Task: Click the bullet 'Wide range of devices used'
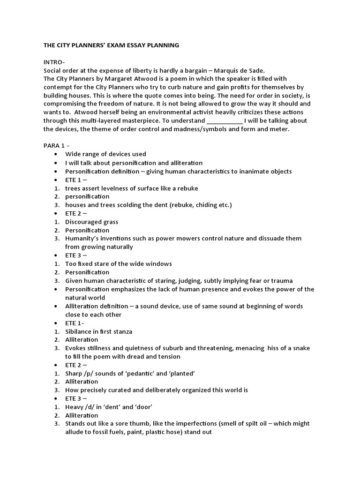[x=105, y=154]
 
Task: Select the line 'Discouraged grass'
[x=91, y=222]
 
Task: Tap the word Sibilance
[x=80, y=331]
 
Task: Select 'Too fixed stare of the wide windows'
[x=118, y=264]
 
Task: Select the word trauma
[x=281, y=281]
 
